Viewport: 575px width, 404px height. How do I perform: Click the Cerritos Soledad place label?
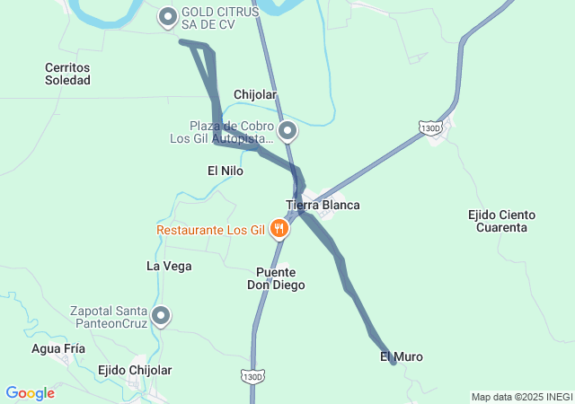(x=67, y=74)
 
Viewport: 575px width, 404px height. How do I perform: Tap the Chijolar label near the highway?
(x=255, y=94)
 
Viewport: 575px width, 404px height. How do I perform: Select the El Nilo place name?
(x=226, y=170)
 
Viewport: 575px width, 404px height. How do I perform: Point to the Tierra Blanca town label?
(x=323, y=205)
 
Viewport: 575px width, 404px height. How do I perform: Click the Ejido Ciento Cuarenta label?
(x=502, y=221)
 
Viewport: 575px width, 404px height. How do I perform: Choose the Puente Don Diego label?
(x=276, y=278)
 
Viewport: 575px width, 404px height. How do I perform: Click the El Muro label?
(x=402, y=356)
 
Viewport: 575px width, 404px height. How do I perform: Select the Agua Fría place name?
(x=57, y=348)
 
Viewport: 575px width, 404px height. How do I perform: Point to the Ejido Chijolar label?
(x=135, y=370)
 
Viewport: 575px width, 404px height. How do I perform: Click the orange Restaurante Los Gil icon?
(x=280, y=230)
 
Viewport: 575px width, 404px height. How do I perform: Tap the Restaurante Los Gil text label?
(x=210, y=230)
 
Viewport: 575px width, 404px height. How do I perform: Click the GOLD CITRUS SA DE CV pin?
(x=168, y=16)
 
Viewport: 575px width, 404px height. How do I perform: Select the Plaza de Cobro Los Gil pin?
(x=287, y=132)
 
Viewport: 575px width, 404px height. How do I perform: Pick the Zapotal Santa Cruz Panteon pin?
(x=162, y=315)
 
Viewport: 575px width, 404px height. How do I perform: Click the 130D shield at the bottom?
(x=253, y=375)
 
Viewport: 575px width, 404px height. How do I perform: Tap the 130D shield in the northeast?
(x=431, y=128)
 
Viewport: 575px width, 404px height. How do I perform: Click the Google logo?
(x=30, y=393)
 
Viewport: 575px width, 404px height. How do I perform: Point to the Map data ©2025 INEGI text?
(x=522, y=397)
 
